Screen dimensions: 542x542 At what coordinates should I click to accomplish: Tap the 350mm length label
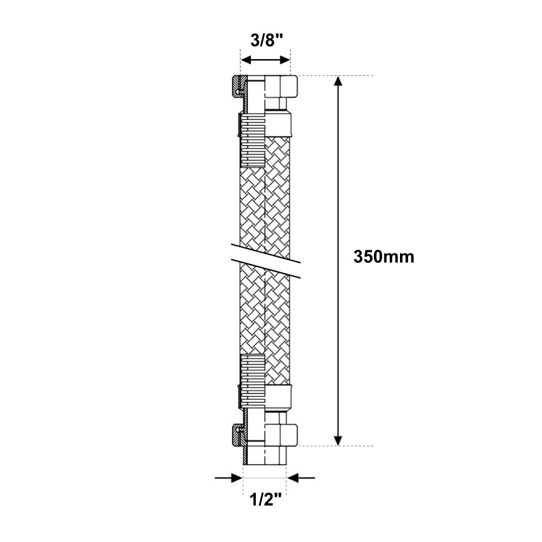[x=384, y=257]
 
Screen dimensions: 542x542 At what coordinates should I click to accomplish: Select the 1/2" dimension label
[x=266, y=500]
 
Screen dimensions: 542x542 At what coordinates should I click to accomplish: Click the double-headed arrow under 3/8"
[x=266, y=60]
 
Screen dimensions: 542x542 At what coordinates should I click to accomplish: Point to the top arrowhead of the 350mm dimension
[x=338, y=81]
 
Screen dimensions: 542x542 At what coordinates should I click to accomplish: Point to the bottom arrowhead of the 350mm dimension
[x=338, y=440]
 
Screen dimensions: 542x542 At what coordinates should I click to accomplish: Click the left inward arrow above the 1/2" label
[x=229, y=478]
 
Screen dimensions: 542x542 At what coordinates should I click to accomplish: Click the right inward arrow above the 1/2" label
[x=301, y=478]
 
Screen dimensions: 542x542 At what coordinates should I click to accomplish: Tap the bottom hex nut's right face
[x=289, y=435]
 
